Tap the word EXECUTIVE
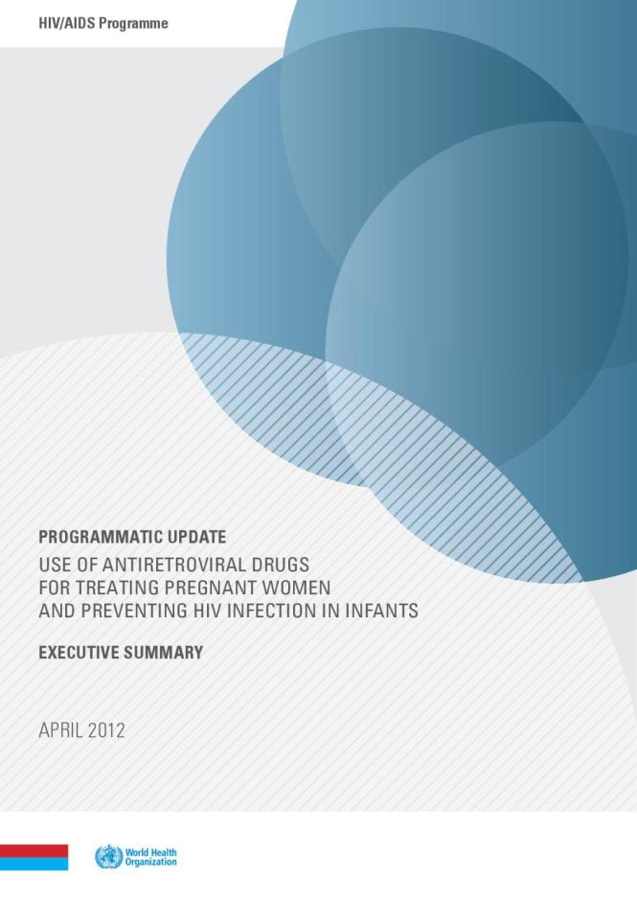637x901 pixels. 81,653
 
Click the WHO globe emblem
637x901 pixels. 108,857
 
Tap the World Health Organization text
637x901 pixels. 151,857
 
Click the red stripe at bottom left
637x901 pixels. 34,850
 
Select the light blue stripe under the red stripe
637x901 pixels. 34,864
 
